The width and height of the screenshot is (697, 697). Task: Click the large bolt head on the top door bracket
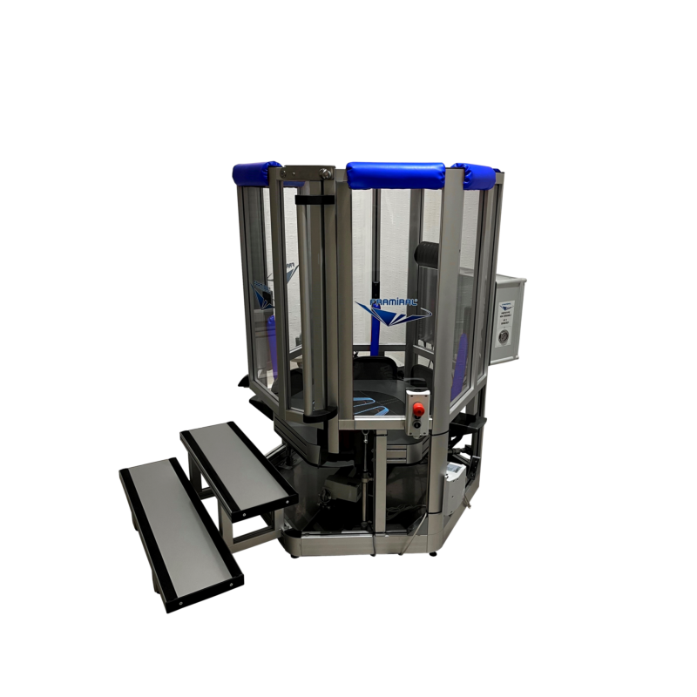(324, 177)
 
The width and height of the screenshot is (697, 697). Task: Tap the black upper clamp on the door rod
(315, 200)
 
